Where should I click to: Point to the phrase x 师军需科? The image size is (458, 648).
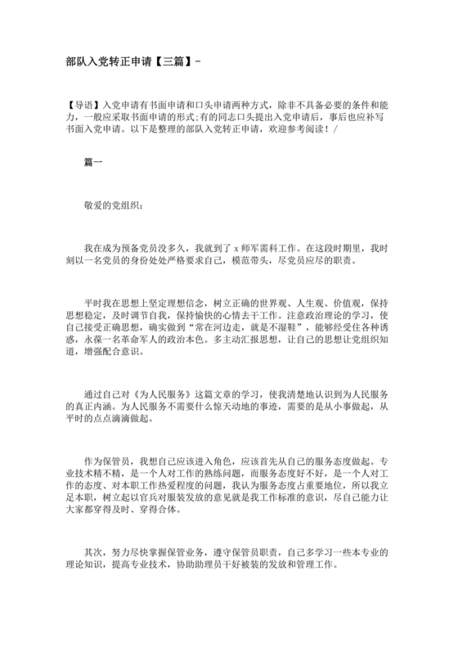pos(260,247)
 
